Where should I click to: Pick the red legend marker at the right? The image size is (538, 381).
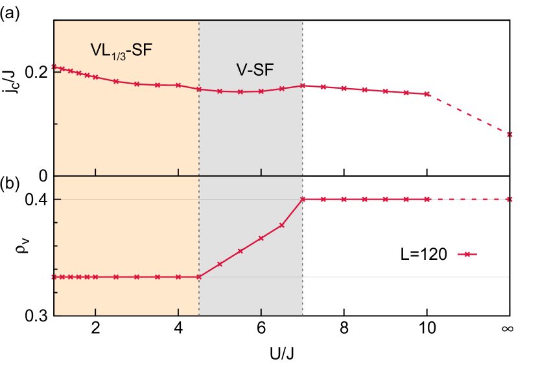(467, 255)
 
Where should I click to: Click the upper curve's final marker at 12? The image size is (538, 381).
(509, 134)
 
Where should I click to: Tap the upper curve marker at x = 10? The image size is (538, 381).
(427, 94)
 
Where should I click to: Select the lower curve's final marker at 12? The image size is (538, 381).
(509, 200)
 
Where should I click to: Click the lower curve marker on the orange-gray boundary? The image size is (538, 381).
(199, 277)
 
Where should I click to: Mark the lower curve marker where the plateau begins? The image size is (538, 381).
(303, 200)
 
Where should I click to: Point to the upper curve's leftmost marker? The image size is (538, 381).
(54, 67)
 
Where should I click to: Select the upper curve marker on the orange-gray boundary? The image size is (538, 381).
(199, 89)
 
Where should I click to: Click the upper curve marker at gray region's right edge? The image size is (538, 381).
(303, 86)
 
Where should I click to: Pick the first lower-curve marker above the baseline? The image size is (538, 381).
(220, 264)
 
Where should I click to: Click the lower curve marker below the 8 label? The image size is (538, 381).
(344, 200)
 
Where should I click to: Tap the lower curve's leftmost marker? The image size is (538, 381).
(54, 277)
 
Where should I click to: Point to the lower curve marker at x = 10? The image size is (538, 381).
(427, 200)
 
